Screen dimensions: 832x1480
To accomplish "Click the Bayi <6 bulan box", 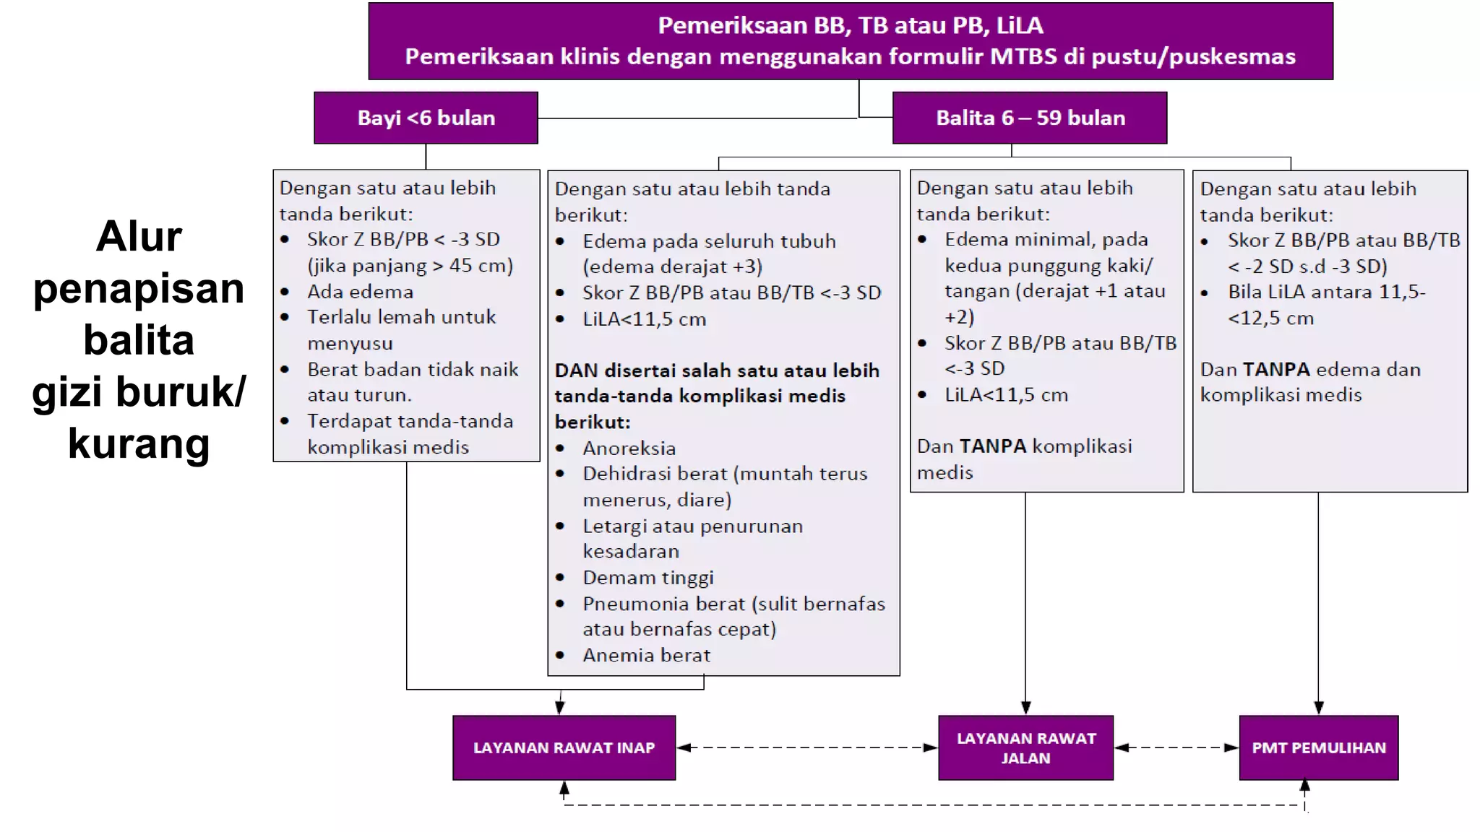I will pyautogui.click(x=426, y=118).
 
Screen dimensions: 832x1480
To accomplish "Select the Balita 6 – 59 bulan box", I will pyautogui.click(x=1030, y=118).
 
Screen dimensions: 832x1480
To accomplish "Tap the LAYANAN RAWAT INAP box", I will pyautogui.click(x=564, y=747).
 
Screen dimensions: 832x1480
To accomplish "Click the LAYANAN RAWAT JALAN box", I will pyautogui.click(x=1025, y=747).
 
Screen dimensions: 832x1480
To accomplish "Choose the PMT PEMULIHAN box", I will pyautogui.click(x=1318, y=747).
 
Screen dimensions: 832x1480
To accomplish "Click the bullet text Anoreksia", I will pyautogui.click(x=629, y=448).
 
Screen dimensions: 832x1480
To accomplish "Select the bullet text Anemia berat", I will pyautogui.click(x=646, y=655).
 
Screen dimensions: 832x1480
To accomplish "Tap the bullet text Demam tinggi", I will pyautogui.click(x=647, y=578).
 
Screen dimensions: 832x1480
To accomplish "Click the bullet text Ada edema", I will pyautogui.click(x=360, y=292).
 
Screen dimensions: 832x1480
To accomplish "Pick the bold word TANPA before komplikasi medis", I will pyautogui.click(x=993, y=446).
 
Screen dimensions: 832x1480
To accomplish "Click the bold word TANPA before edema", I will pyautogui.click(x=1276, y=370).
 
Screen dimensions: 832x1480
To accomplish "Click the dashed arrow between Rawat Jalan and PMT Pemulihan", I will pyautogui.click(x=1176, y=747).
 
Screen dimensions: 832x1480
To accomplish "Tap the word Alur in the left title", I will pyautogui.click(x=139, y=236).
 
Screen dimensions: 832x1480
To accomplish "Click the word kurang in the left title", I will pyautogui.click(x=139, y=443).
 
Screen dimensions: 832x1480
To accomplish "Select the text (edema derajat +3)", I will pyautogui.click(x=672, y=266).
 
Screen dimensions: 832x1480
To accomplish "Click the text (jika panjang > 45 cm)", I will pyautogui.click(x=410, y=266).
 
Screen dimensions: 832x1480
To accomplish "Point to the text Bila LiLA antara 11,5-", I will pyautogui.click(x=1326, y=292).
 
